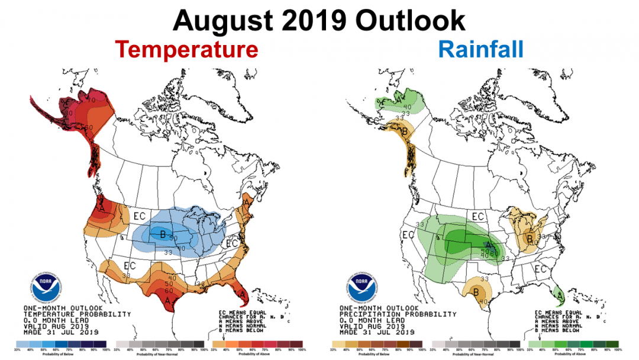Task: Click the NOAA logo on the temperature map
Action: (46, 286)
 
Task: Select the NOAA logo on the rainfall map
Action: (362, 286)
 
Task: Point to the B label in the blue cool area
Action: (163, 233)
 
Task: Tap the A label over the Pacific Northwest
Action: (102, 209)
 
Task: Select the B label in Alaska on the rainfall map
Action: (405, 131)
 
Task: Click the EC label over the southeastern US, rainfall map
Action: (540, 269)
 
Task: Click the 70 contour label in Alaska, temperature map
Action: (92, 100)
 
